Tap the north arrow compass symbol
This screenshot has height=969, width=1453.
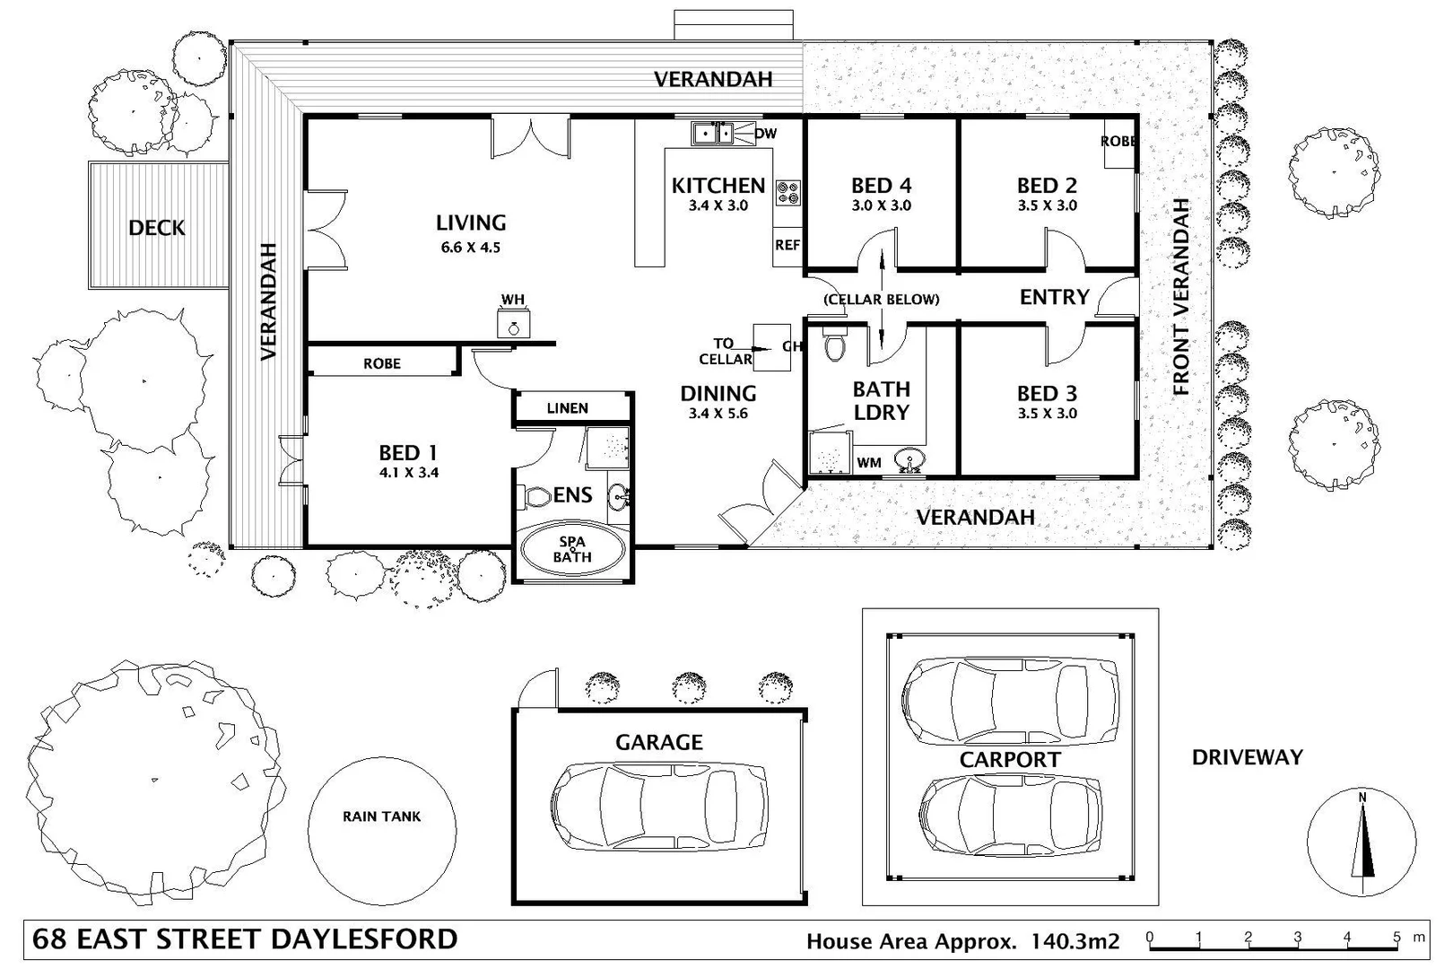[x=1362, y=842]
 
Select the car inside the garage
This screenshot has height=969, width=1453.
[x=659, y=806]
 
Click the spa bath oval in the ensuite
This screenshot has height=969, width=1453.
[x=571, y=549]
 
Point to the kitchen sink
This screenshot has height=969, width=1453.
[x=713, y=134]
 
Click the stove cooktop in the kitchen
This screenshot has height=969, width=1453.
[x=788, y=192]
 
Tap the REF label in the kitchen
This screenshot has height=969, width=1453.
[x=787, y=245]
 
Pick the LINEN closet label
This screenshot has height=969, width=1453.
[x=567, y=408]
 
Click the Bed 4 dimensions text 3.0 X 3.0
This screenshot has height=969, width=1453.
[x=881, y=205]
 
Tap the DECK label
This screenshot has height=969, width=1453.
[x=156, y=228]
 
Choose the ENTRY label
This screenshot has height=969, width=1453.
[x=1054, y=297]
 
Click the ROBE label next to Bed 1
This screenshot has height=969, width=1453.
[x=381, y=363]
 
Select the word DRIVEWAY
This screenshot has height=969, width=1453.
[x=1247, y=757]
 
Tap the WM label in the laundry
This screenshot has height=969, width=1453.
[x=868, y=463]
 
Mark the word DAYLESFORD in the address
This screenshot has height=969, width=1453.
[x=364, y=939]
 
